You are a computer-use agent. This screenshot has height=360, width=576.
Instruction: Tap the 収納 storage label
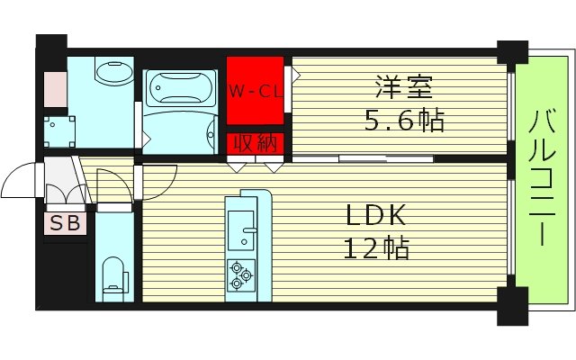(255, 143)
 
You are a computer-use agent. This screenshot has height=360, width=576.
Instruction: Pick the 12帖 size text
(378, 248)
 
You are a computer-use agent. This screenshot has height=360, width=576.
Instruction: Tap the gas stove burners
(240, 274)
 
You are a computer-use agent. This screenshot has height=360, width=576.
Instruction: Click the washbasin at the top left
(112, 72)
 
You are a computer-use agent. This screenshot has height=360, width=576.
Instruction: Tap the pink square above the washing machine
(55, 87)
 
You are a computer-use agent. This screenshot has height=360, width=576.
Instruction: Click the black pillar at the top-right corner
(513, 53)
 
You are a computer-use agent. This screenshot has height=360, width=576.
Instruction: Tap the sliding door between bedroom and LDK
(364, 159)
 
